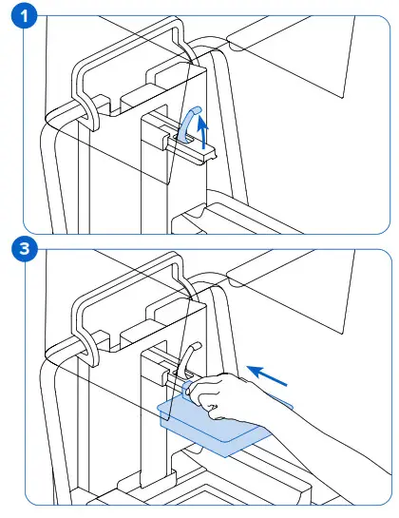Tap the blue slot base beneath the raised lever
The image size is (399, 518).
pyautogui.click(x=190, y=140)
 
